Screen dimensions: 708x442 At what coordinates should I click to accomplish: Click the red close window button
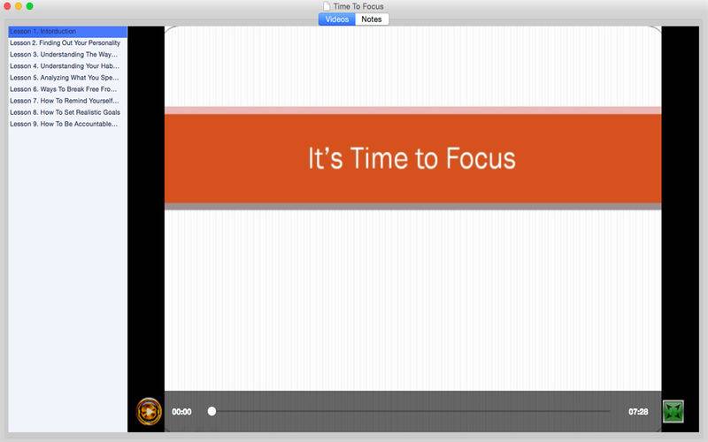coord(7,6)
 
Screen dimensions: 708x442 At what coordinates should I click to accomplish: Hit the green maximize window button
coord(29,6)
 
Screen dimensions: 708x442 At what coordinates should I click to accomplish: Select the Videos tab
coord(337,19)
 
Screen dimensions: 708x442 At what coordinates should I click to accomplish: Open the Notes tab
coord(372,19)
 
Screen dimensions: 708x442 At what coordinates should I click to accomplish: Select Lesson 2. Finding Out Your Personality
coord(65,42)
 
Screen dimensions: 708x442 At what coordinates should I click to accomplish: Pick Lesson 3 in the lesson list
coord(64,55)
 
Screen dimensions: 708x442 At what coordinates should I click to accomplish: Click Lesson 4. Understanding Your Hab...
coord(65,66)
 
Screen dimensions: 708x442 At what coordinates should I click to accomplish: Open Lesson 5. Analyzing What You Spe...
coord(64,78)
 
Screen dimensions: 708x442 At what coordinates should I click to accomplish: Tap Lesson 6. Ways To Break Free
coord(63,89)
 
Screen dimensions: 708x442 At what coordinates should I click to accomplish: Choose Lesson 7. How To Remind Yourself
coord(64,101)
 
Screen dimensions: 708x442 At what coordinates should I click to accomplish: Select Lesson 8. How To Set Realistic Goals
coord(65,112)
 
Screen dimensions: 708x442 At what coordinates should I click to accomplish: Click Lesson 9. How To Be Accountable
coord(64,124)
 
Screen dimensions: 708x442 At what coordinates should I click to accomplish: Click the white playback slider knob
coord(212,411)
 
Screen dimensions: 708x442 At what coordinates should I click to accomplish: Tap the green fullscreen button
coord(673,411)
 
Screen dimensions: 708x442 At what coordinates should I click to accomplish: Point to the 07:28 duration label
coord(638,412)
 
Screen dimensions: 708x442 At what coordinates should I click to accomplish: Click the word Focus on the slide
coord(481,158)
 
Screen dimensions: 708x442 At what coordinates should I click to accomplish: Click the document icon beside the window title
coord(327,6)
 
